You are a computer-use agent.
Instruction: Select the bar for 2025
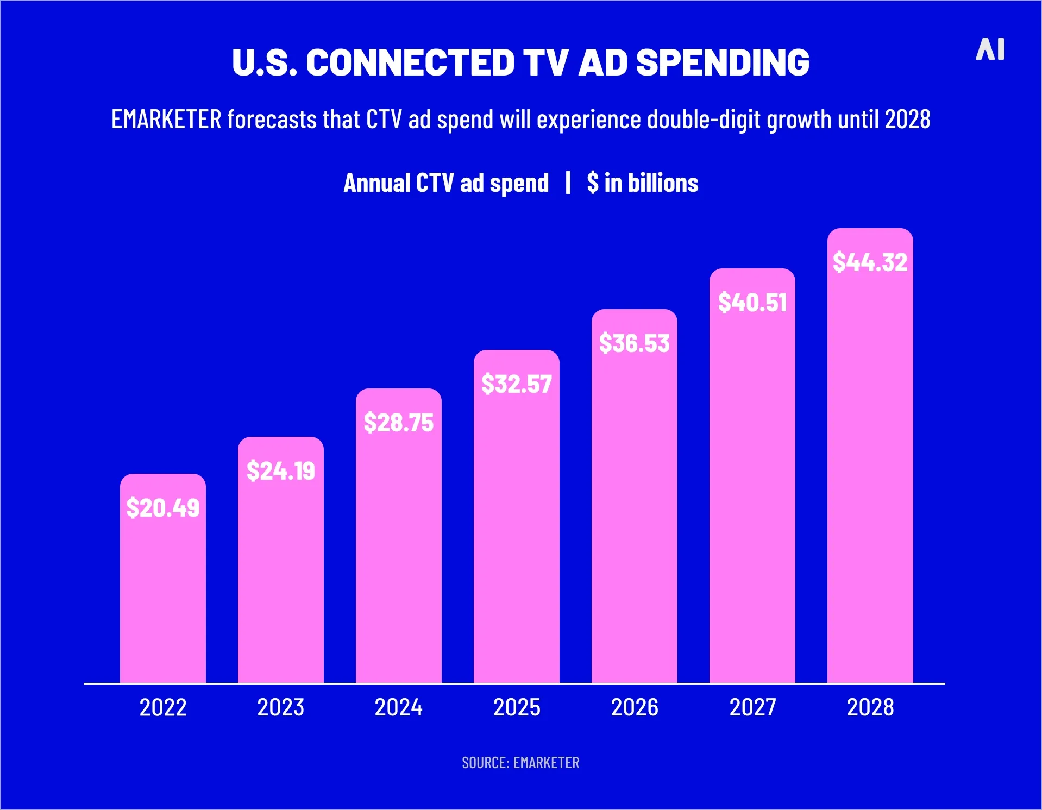point(516,532)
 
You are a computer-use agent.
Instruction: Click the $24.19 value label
point(280,470)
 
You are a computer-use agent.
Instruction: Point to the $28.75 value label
point(398,422)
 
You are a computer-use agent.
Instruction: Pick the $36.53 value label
point(634,343)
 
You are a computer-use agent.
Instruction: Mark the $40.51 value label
point(752,303)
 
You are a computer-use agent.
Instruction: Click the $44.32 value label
point(870,262)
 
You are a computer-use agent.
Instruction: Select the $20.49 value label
point(162,508)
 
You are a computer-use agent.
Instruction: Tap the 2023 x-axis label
point(280,707)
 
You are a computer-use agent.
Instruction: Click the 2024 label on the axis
point(398,707)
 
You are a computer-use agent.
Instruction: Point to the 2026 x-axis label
point(634,707)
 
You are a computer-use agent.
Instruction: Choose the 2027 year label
point(752,707)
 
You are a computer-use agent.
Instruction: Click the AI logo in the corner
point(990,49)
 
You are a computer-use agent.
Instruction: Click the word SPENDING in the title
point(723,62)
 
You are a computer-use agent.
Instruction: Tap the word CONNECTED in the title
point(410,62)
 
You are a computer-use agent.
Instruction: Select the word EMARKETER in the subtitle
point(166,120)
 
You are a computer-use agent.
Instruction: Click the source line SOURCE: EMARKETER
point(520,763)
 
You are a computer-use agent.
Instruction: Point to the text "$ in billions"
point(642,183)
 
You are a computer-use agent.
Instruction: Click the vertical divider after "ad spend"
point(568,183)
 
